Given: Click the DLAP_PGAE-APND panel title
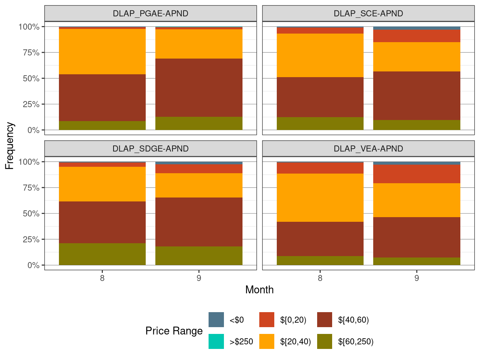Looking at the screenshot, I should click(150, 14).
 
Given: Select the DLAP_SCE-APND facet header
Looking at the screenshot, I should click(368, 14).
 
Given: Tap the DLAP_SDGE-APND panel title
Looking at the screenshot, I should click(150, 149).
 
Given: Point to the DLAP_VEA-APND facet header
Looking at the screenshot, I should click(368, 149).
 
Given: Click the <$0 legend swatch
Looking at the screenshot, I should click(216, 320).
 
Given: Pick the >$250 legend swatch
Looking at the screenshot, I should click(216, 341).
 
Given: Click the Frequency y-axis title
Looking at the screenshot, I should click(10, 146).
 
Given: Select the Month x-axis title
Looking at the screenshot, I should click(259, 290).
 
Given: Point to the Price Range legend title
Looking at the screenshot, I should click(174, 331).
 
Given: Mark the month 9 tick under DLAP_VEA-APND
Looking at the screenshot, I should click(416, 278).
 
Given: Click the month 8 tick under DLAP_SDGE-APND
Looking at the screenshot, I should click(102, 278).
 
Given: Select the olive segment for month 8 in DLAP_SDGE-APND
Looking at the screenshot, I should click(102, 254).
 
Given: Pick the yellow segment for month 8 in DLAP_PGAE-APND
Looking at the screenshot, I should click(102, 51).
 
